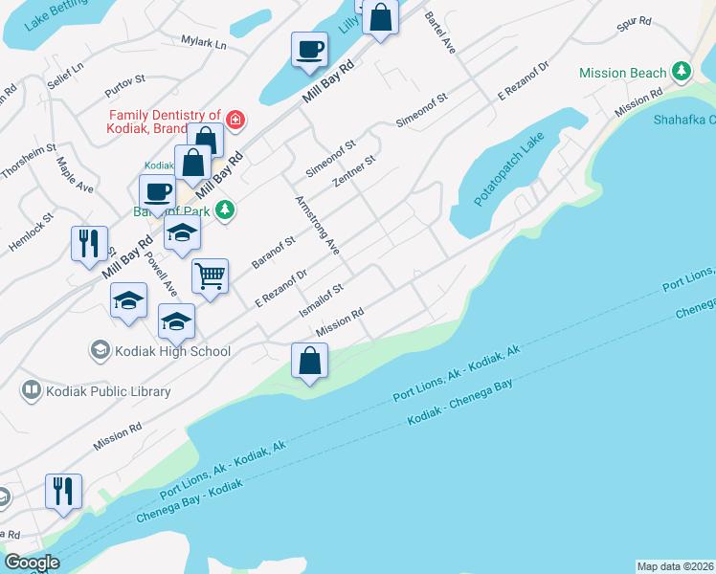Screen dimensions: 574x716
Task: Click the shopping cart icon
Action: pos(210,276)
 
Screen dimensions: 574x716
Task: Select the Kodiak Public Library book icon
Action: pos(32,390)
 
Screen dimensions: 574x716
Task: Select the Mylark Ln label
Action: pos(203,43)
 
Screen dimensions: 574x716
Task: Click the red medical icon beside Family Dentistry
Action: pos(235,120)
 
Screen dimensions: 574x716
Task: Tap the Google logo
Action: pos(31,563)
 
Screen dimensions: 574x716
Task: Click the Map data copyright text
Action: pos(675,565)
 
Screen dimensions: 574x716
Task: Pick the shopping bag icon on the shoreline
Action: pos(309,362)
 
